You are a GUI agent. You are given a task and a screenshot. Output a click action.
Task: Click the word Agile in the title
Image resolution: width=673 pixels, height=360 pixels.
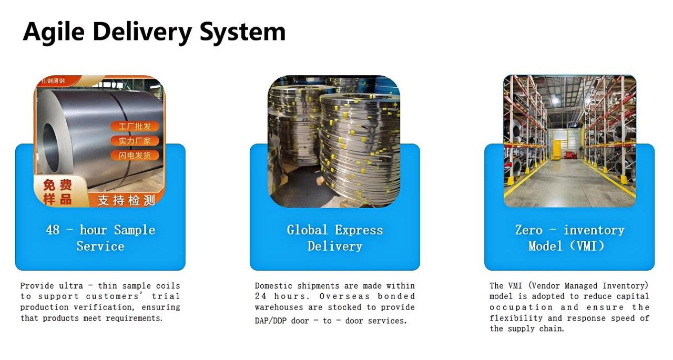click(54, 32)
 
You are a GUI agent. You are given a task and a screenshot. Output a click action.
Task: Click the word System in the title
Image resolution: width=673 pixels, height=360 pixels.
click(242, 32)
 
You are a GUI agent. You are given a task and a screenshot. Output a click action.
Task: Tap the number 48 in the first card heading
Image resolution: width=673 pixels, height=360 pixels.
click(53, 230)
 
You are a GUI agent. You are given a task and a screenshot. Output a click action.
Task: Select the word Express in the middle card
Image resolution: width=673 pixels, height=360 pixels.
click(359, 230)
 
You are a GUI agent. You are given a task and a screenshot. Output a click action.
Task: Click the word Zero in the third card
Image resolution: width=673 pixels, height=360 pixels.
click(529, 230)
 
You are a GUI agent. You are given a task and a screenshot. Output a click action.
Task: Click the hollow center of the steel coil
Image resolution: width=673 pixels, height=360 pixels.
click(50, 148)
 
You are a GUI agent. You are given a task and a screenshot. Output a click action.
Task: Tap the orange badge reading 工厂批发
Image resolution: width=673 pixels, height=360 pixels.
click(135, 127)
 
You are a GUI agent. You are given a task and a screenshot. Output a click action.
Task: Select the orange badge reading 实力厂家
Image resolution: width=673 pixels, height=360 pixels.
click(135, 141)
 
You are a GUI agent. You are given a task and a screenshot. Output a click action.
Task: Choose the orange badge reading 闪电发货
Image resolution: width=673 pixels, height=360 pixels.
click(135, 155)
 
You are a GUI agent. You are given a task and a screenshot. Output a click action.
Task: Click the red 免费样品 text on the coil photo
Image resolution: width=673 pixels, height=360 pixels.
click(57, 192)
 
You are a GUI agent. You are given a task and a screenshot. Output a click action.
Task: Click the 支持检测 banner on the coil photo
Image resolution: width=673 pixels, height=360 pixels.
click(126, 200)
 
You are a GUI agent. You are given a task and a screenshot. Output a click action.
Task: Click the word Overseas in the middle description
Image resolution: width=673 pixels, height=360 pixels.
click(344, 296)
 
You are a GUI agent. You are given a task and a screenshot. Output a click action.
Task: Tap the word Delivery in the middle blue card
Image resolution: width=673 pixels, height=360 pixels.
click(335, 246)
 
